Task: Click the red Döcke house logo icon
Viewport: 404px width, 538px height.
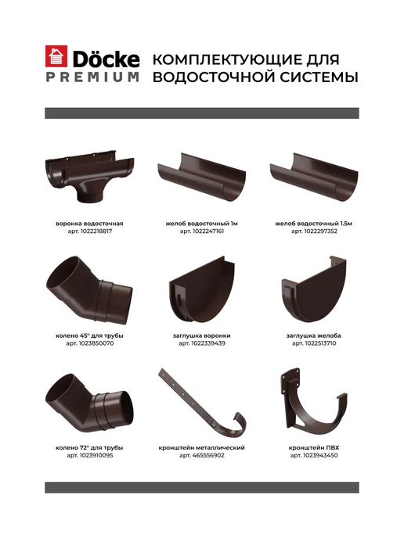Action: pyautogui.click(x=56, y=56)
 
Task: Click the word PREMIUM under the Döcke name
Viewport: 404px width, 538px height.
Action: pyautogui.click(x=92, y=77)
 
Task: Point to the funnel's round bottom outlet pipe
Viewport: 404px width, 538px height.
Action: pyautogui.click(x=89, y=195)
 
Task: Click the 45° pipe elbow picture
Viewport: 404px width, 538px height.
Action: pyautogui.click(x=89, y=290)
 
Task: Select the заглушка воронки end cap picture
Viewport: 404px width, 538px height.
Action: pyautogui.click(x=202, y=290)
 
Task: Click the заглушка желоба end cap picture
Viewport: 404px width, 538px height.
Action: pyautogui.click(x=314, y=289)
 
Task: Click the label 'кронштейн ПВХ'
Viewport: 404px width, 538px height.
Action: pyautogui.click(x=314, y=448)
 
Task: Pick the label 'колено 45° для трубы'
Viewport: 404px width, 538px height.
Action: pyautogui.click(x=89, y=335)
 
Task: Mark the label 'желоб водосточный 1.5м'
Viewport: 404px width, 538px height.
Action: pyautogui.click(x=314, y=224)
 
